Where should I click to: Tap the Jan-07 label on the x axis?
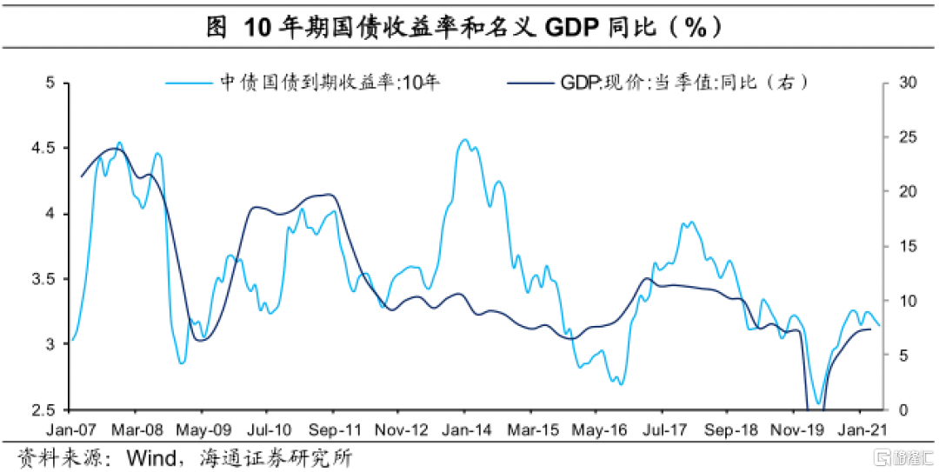[71, 429]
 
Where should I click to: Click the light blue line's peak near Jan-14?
[464, 139]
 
